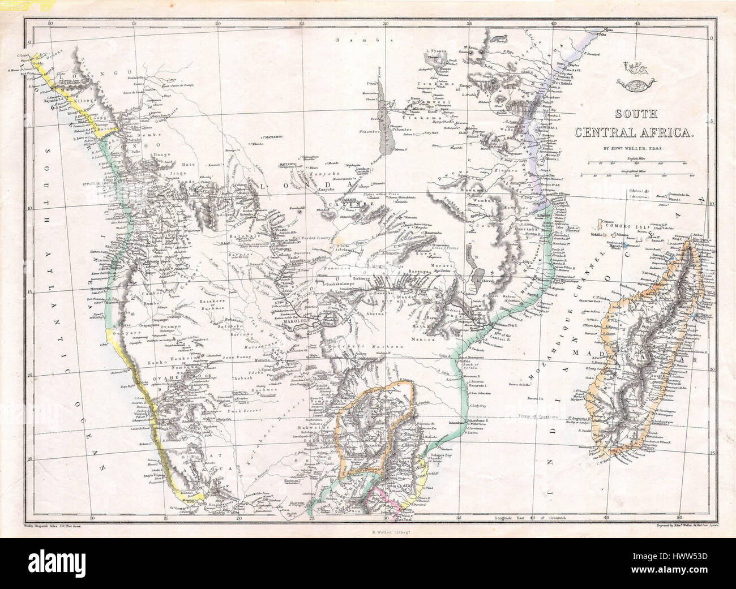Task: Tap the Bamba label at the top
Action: tap(348, 41)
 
